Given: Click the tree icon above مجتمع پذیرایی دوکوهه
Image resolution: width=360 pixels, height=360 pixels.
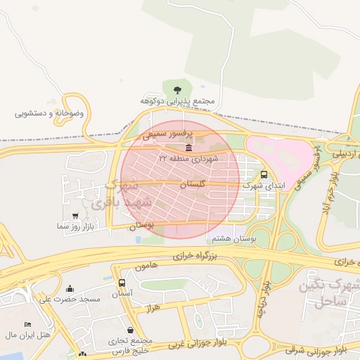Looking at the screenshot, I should [176, 89].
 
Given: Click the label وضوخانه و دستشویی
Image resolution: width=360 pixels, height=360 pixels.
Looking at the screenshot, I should [49, 112].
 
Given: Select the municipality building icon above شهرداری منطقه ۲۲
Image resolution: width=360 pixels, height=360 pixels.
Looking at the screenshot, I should [188, 148].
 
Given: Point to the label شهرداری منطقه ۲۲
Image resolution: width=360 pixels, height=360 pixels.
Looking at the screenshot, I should [188, 159].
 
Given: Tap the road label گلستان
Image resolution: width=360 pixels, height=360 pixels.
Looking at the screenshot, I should [192, 184].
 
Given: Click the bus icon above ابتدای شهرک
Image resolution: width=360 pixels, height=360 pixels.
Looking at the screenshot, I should [264, 174].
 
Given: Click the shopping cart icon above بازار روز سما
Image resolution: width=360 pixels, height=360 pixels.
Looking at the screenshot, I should [75, 216].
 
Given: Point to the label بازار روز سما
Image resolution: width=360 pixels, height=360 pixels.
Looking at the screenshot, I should [76, 227].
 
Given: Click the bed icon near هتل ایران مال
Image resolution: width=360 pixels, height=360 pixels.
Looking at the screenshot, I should [27, 324].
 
